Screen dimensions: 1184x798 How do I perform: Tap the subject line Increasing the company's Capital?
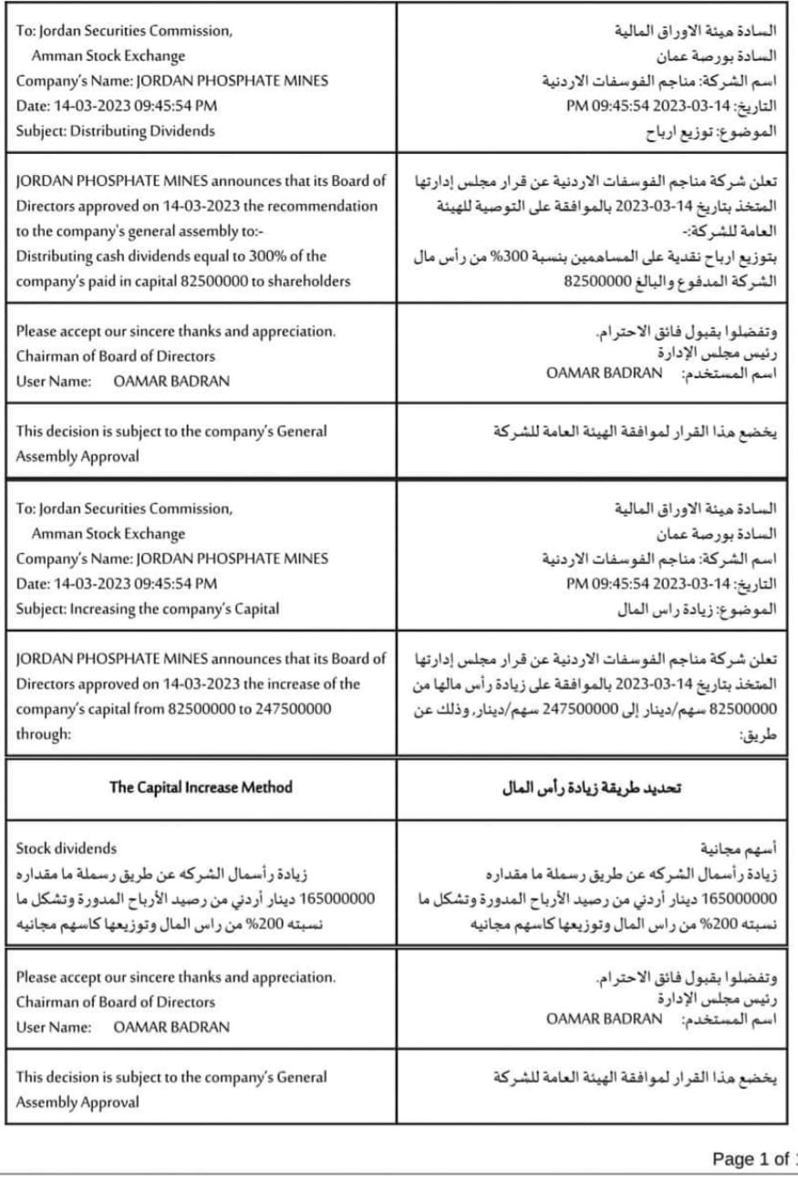click(x=174, y=608)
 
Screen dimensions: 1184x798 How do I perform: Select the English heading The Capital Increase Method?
click(x=201, y=787)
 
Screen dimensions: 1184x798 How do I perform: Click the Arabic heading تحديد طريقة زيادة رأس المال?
click(x=592, y=788)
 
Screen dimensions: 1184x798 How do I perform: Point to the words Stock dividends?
click(x=67, y=849)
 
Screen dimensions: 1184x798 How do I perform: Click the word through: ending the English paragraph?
click(x=43, y=733)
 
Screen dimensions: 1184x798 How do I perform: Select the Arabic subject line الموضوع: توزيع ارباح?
click(x=711, y=131)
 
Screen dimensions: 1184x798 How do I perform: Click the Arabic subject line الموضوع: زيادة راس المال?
click(x=697, y=609)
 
